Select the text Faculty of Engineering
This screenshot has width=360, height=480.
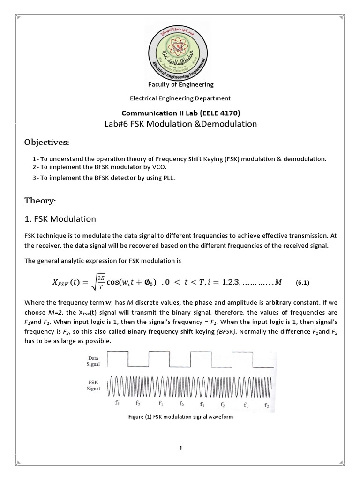(x=180, y=85)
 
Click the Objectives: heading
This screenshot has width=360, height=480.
(x=46, y=142)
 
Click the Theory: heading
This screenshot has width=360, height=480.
(x=40, y=201)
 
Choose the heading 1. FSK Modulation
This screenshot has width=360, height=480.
(x=60, y=219)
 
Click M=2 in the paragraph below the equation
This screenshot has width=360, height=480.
(x=70, y=313)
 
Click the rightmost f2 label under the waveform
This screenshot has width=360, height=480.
(x=267, y=404)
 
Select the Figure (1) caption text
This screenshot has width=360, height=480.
(x=180, y=417)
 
